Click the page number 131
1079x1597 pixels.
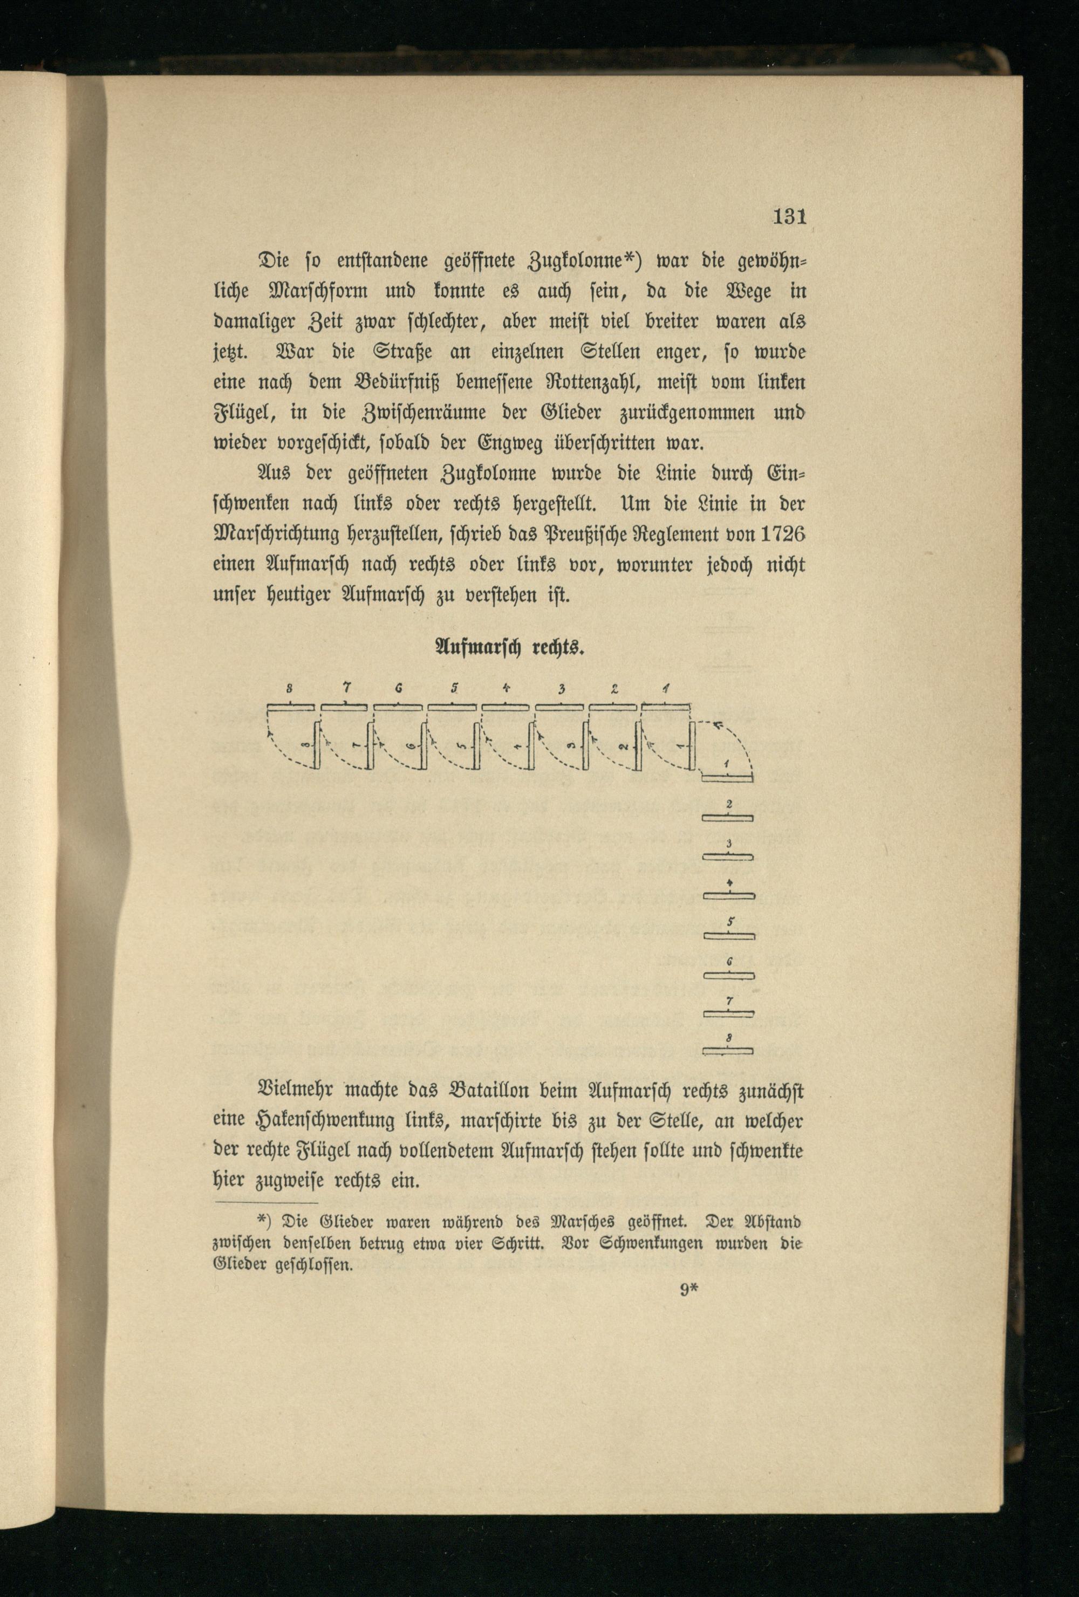788,217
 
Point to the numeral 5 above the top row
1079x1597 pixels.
454,688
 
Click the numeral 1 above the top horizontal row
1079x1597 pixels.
667,688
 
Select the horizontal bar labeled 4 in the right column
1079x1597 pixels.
728,896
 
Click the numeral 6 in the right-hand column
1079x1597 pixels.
729,962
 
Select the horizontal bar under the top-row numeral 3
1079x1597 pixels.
560,707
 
